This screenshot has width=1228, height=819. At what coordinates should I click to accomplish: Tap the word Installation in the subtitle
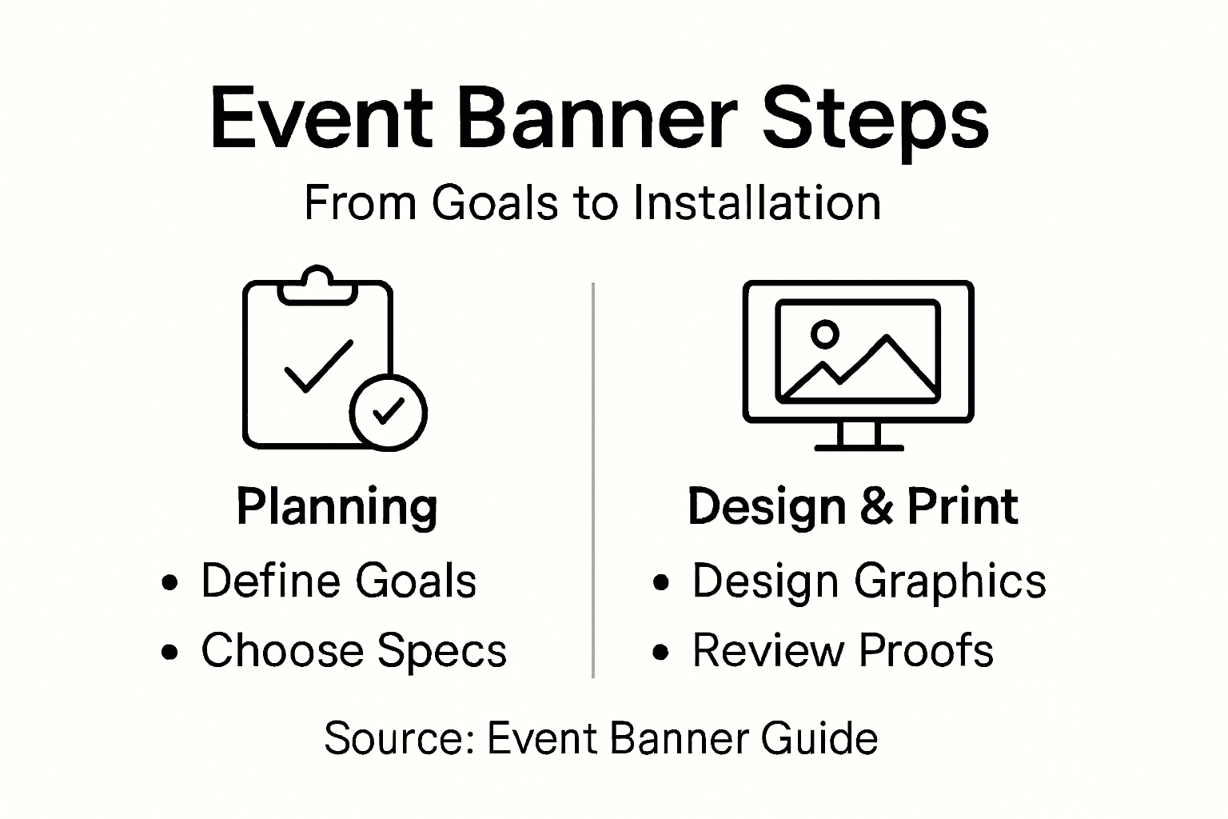756,202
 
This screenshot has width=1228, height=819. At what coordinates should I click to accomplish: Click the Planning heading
337,507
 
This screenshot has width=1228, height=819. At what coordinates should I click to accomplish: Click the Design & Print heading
852,506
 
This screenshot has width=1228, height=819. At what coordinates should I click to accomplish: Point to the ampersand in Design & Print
877,506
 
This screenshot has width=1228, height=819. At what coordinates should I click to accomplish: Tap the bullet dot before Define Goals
169,582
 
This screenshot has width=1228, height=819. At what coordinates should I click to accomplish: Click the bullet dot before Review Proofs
660,652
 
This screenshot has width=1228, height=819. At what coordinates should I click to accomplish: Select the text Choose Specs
353,650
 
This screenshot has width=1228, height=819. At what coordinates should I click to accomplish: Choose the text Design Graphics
868,581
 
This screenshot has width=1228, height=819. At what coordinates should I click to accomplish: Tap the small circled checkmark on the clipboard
389,412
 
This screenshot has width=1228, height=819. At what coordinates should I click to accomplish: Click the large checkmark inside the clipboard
318,366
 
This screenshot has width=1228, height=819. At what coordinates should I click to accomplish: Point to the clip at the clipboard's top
317,285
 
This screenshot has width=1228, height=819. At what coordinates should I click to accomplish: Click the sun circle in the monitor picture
824,334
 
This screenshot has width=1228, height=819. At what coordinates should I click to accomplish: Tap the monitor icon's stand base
859,446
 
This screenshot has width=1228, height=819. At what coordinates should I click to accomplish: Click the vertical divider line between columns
592,480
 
